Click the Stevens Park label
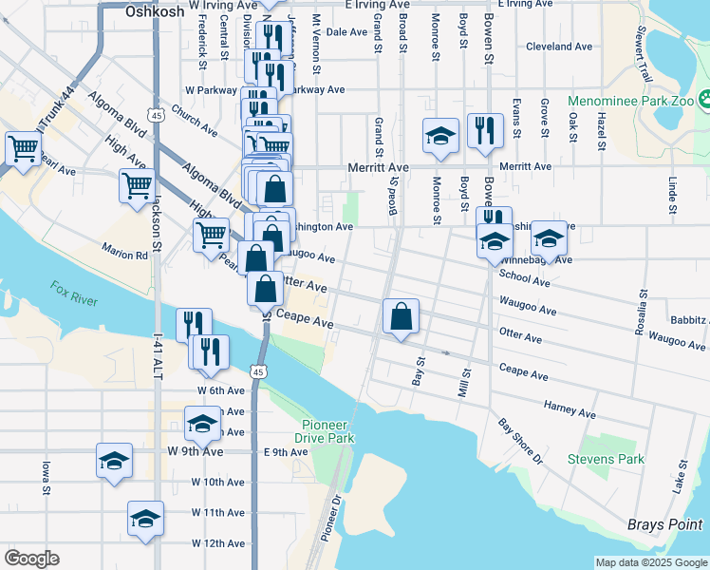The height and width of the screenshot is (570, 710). click(x=606, y=460)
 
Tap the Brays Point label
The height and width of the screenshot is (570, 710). click(x=663, y=524)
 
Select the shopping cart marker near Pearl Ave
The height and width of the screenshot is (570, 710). click(x=23, y=148)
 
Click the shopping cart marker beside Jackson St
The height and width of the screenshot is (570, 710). click(x=138, y=185)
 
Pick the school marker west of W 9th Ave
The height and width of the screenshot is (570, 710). click(x=114, y=462)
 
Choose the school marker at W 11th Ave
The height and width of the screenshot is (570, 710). click(x=144, y=519)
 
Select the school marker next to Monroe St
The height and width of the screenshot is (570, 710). click(x=441, y=136)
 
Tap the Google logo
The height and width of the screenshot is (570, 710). click(x=31, y=559)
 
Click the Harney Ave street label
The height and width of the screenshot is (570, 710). click(x=570, y=409)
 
